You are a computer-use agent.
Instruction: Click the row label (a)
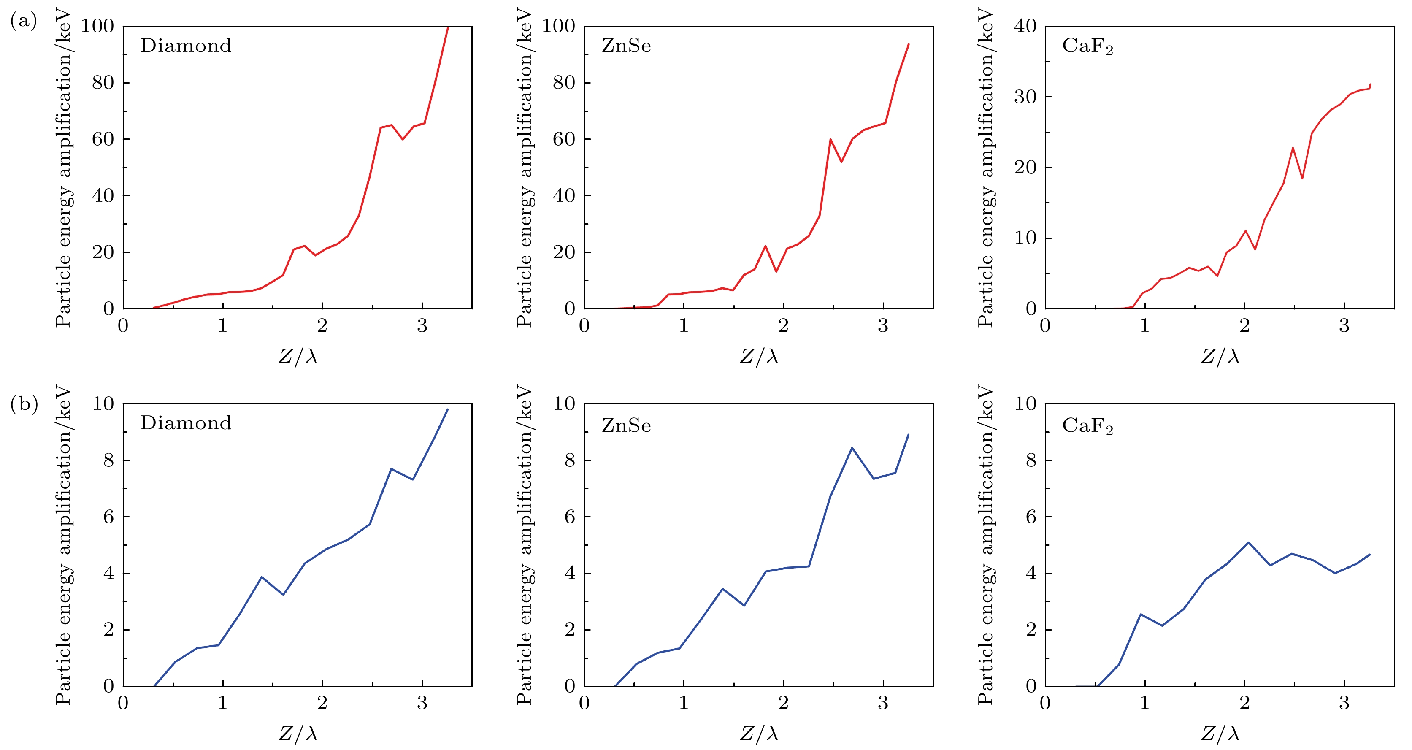24,22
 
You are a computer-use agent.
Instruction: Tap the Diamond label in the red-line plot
186,46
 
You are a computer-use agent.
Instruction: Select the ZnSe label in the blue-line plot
626,425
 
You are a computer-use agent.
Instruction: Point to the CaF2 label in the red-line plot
1087,46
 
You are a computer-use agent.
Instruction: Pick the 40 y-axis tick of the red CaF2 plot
1025,26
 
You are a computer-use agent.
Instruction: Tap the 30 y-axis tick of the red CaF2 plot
1025,97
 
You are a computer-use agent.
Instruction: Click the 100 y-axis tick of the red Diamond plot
97,26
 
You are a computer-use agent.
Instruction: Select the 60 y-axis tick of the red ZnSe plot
563,139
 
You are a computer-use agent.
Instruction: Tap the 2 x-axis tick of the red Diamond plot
322,326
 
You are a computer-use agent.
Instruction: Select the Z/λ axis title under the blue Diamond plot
298,734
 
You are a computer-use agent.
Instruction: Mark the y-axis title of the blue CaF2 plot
985,545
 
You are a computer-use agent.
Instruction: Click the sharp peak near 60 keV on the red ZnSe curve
830,139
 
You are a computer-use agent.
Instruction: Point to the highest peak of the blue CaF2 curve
1248,543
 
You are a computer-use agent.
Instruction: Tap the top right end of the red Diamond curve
448,27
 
